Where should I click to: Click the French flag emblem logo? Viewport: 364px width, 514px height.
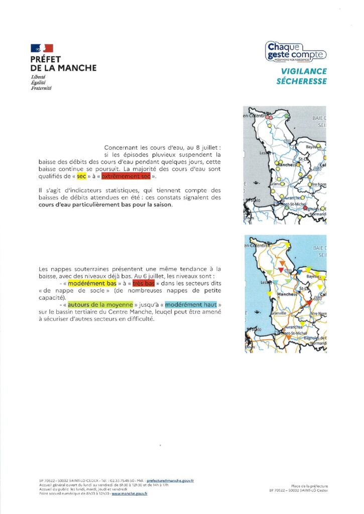42,49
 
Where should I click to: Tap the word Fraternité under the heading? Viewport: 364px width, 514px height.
41,88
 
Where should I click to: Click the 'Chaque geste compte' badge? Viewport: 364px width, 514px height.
296,52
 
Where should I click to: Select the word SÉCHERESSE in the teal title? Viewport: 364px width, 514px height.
301,81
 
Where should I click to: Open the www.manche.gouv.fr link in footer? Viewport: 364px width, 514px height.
129,493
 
